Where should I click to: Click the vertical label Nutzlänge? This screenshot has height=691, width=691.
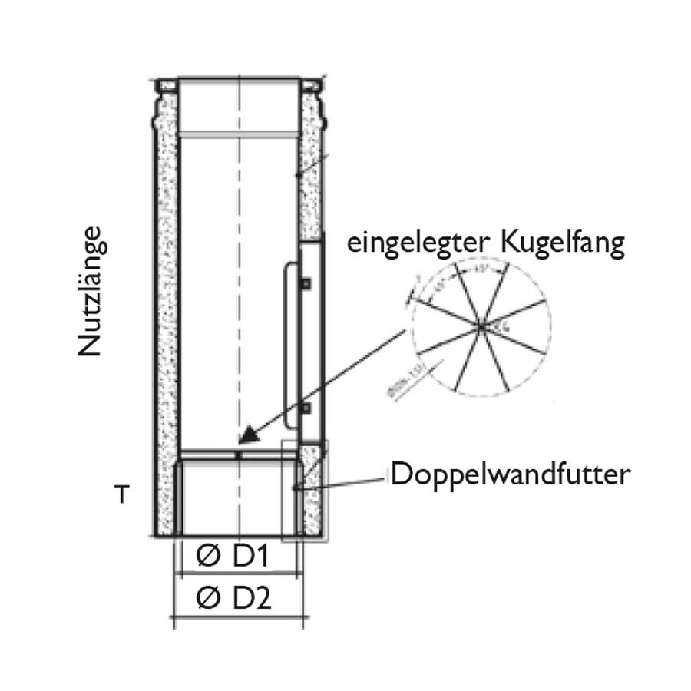(x=90, y=291)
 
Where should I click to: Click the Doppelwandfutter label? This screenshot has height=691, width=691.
(x=510, y=474)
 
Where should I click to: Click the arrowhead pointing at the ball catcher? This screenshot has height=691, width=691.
(x=247, y=437)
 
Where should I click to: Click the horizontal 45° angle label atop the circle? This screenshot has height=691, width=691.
(x=480, y=269)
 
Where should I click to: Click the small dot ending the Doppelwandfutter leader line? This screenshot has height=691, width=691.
(x=296, y=487)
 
